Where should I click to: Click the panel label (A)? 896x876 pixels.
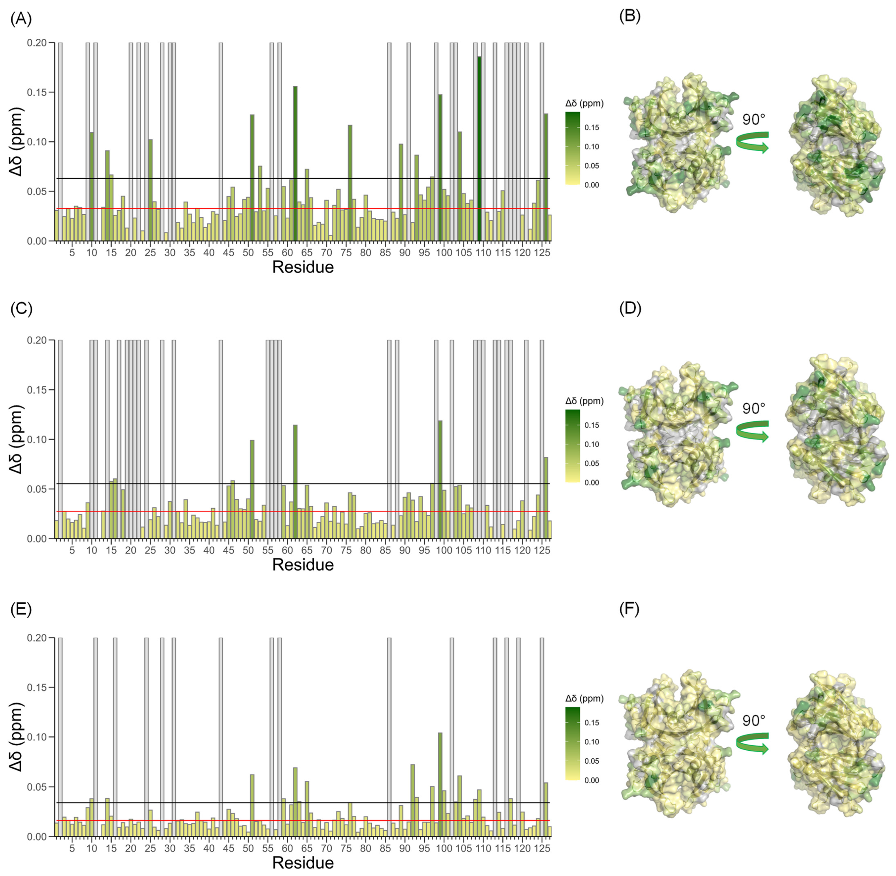pyautogui.click(x=21, y=19)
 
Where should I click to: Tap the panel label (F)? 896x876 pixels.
pyautogui.click(x=629, y=609)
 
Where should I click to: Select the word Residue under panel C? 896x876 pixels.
pyautogui.click(x=303, y=565)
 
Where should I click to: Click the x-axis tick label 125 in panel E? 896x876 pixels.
pyautogui.click(x=543, y=848)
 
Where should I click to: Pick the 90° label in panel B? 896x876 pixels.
pyautogui.click(x=754, y=120)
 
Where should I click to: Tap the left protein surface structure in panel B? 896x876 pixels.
pyautogui.click(x=679, y=143)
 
